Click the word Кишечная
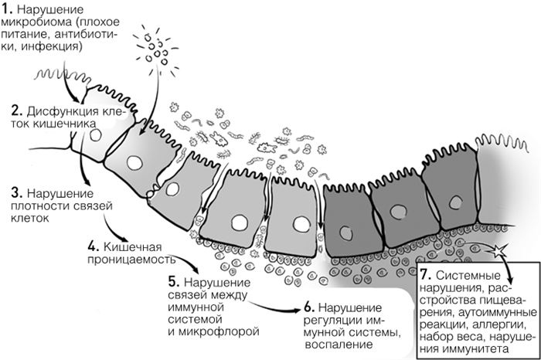[128, 247]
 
